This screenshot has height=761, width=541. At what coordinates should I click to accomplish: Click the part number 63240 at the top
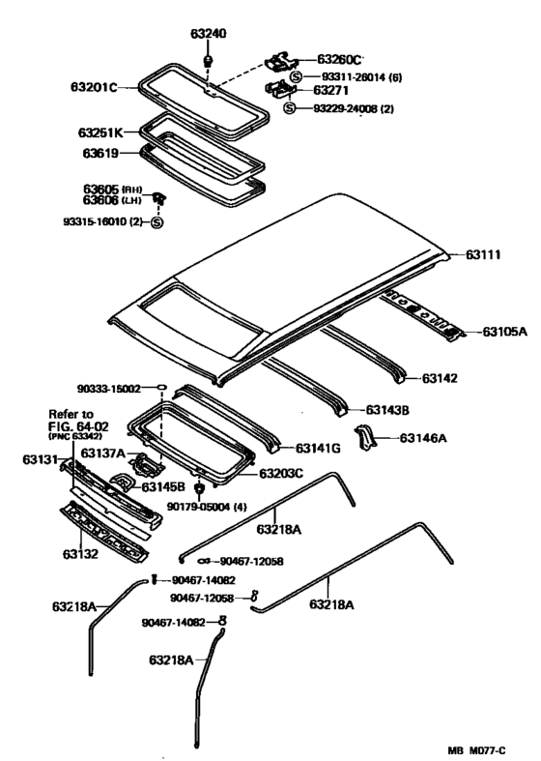click(208, 34)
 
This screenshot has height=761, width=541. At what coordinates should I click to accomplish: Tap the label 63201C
click(94, 87)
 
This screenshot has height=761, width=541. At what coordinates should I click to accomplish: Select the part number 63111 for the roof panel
click(483, 255)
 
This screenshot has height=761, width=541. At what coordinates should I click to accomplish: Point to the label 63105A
click(504, 332)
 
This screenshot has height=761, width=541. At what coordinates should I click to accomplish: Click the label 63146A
click(423, 439)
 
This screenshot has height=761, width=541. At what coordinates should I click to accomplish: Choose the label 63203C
click(281, 473)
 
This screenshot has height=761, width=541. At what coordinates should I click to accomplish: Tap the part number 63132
click(80, 554)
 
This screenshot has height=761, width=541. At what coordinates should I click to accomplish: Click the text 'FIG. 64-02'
click(78, 427)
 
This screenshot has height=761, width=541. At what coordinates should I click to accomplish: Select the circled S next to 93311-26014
click(296, 77)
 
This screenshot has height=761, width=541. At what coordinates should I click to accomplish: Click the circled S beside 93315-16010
click(157, 222)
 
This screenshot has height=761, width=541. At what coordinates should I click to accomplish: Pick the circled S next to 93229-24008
click(290, 108)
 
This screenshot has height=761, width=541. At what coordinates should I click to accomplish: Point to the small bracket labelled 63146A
click(365, 436)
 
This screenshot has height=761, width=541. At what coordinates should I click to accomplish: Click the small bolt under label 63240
click(209, 61)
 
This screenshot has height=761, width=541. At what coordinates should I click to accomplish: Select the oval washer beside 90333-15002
click(161, 387)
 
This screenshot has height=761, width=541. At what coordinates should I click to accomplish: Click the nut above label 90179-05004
click(199, 487)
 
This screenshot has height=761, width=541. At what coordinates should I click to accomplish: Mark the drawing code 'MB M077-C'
click(476, 750)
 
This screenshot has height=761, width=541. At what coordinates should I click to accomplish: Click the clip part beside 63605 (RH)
click(159, 198)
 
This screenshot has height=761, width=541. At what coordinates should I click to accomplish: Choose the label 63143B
click(387, 411)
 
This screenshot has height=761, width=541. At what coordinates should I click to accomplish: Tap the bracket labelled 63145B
click(124, 483)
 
